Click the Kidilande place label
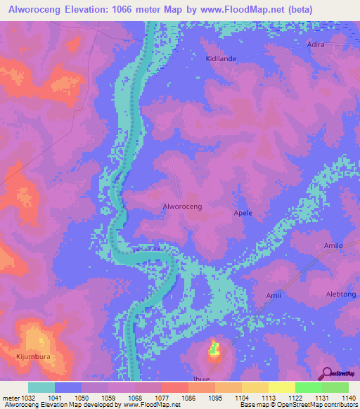(x=220, y=58)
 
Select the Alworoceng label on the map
(x=182, y=206)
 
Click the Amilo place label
(x=333, y=245)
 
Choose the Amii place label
(x=274, y=295)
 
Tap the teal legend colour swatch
(x=41, y=387)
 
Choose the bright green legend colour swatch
(x=308, y=387)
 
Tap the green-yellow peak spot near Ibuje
(x=215, y=348)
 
